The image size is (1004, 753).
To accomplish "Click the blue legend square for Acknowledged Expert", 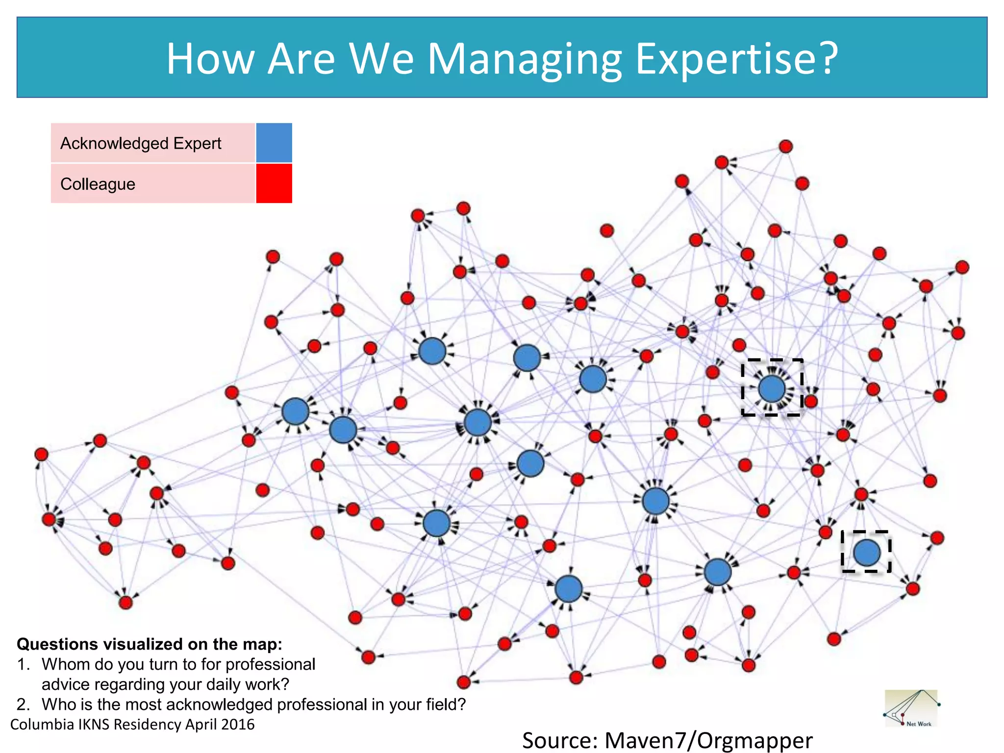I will (274, 143).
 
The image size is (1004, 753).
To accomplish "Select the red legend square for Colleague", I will (274, 183).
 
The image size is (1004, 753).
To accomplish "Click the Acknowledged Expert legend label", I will (141, 143).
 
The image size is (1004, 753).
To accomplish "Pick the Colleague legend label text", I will (98, 184).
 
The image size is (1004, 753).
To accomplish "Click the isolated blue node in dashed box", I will (866, 552).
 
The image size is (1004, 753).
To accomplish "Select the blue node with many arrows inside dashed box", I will (772, 388).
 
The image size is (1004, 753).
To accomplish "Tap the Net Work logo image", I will (911, 709).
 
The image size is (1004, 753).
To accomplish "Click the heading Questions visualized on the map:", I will (150, 644).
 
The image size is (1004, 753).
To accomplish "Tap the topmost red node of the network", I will (785, 146).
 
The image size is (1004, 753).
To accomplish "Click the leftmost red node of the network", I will (41, 454).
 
